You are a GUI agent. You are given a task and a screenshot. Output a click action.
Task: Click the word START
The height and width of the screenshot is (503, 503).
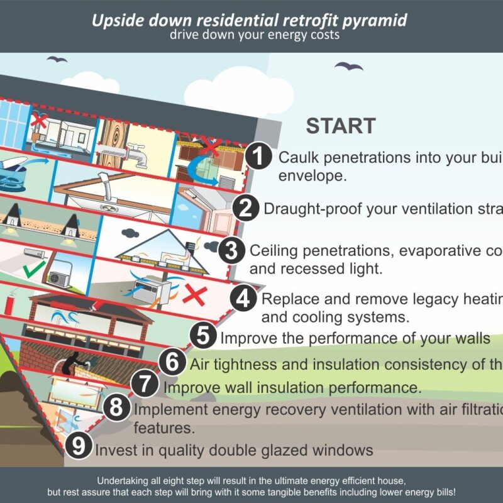click(x=341, y=125)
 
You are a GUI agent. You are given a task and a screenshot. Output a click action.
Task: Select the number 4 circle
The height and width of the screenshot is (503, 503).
click(x=243, y=298)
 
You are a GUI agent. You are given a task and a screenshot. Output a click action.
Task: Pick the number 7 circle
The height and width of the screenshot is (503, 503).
click(x=146, y=384)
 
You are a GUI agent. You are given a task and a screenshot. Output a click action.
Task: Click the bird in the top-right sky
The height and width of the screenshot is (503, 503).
click(x=348, y=66)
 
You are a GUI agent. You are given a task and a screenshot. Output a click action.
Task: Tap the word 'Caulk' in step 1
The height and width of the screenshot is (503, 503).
click(x=299, y=157)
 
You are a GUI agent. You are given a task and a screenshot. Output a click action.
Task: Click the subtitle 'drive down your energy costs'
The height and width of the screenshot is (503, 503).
click(x=254, y=35)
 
